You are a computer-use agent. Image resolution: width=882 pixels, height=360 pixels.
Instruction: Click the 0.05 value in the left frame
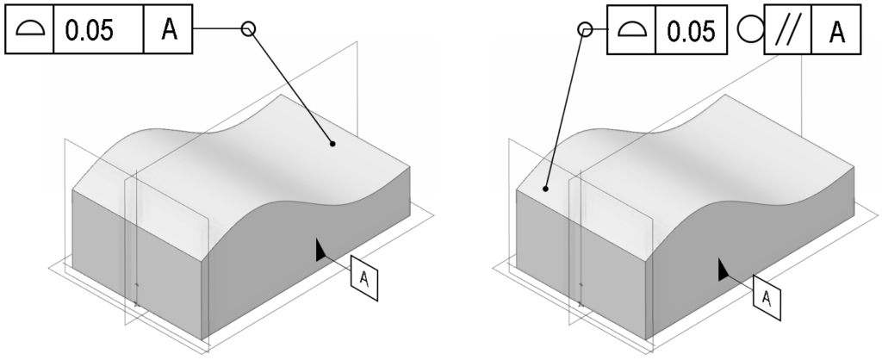tap(96, 31)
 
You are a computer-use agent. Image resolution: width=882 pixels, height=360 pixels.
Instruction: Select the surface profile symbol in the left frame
tap(29, 31)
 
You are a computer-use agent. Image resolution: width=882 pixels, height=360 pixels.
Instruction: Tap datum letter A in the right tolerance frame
tap(836, 32)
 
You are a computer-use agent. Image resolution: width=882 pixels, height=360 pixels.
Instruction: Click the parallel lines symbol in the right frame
tap(786, 32)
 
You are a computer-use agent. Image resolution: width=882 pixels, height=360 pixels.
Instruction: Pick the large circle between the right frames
tap(748, 31)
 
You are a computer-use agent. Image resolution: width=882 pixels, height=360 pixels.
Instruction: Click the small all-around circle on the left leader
tap(248, 30)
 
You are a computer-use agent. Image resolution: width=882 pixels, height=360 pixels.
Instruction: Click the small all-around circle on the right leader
tap(585, 30)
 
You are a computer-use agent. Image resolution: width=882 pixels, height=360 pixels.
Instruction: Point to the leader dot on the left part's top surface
tap(332, 144)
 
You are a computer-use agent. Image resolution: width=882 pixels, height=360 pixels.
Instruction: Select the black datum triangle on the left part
tap(320, 250)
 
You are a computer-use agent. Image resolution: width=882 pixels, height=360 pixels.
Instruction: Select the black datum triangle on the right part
tap(723, 270)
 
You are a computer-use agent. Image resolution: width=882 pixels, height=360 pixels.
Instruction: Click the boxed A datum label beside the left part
tap(364, 278)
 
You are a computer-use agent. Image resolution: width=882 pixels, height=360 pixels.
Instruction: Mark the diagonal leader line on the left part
tap(289, 86)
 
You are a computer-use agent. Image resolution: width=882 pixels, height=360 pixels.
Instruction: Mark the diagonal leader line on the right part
tap(565, 108)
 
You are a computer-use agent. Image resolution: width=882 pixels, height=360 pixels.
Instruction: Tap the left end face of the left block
tap(138, 263)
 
